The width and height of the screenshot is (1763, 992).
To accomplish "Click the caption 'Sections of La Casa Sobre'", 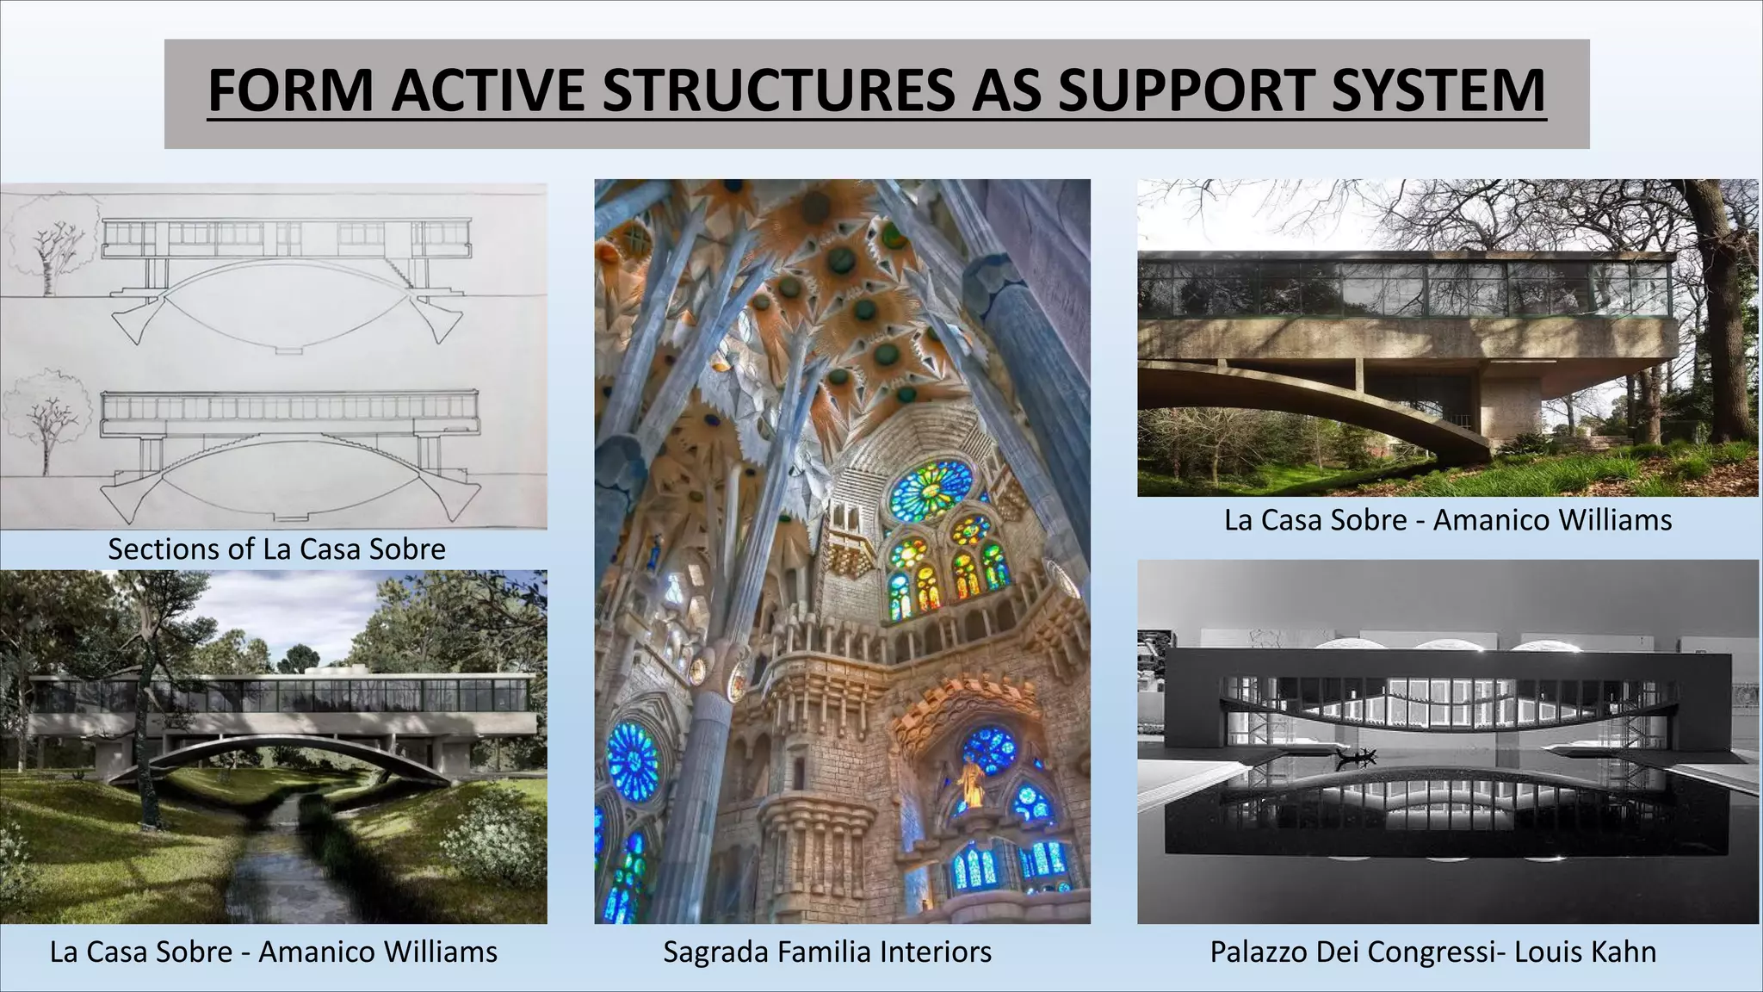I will (276, 549).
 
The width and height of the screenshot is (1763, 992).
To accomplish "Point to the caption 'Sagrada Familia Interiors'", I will (827, 952).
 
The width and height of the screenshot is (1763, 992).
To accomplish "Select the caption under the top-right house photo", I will (1448, 520).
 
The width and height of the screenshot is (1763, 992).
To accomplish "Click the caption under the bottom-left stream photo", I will (274, 952).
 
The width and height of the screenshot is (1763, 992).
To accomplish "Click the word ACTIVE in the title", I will (491, 90).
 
